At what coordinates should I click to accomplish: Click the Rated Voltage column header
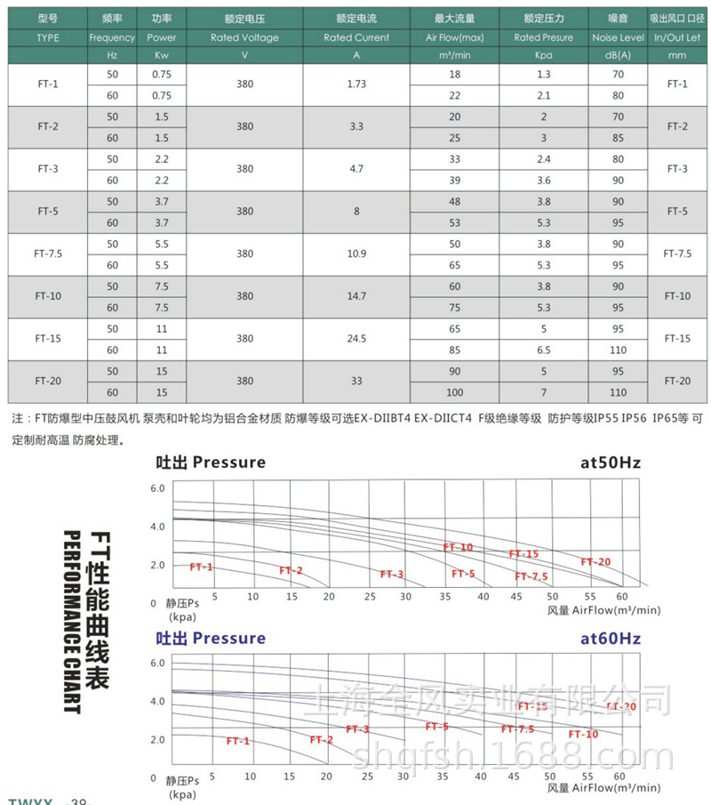(x=244, y=38)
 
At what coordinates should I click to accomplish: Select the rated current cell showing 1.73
(x=356, y=84)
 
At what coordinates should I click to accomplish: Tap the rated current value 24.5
(x=356, y=339)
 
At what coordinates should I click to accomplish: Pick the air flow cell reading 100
(x=455, y=392)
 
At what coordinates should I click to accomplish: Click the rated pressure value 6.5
(x=544, y=350)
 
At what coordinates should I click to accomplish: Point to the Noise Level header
(x=619, y=38)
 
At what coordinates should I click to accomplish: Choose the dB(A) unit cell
(x=619, y=55)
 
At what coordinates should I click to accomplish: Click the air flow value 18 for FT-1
(x=455, y=74)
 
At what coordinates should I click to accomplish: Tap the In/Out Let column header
(x=677, y=38)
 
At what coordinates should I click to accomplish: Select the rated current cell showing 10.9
(x=356, y=254)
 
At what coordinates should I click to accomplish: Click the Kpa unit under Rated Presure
(x=544, y=55)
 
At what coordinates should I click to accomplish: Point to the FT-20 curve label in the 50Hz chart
(x=596, y=561)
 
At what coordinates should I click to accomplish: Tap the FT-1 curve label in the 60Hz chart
(x=238, y=741)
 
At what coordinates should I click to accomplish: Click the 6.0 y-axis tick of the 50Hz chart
(x=157, y=489)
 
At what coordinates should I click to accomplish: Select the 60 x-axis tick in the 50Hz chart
(x=621, y=596)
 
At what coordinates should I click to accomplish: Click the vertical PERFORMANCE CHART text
(x=71, y=622)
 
